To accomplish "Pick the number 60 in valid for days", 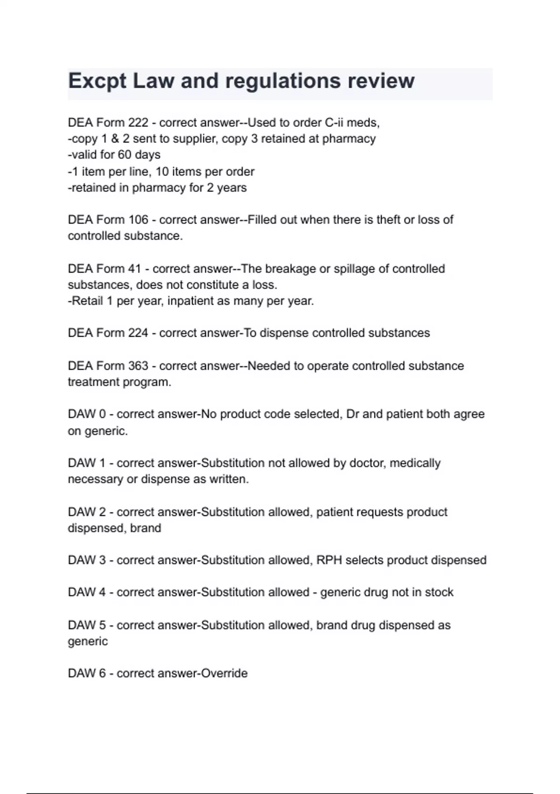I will (125, 155).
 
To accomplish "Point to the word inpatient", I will (192, 301).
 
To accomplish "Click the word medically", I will (415, 463).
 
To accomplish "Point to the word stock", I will (439, 592).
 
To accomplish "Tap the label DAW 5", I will (87, 625).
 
